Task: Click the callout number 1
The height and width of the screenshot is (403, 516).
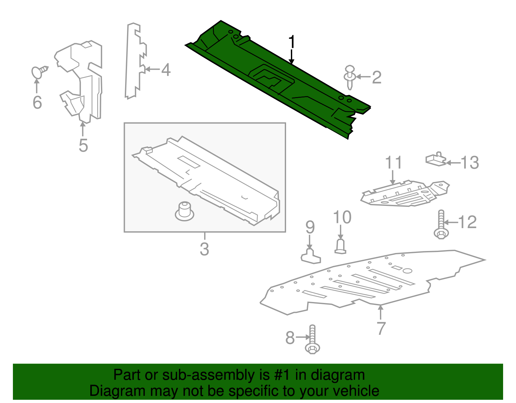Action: [x=292, y=42]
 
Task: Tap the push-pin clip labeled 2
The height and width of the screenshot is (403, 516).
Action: [x=350, y=77]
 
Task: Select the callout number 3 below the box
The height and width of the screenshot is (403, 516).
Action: [x=204, y=249]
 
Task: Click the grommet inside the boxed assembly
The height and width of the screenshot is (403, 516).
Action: [x=184, y=211]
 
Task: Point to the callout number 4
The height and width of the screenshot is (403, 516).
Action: [x=165, y=69]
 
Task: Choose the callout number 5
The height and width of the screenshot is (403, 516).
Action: [x=83, y=145]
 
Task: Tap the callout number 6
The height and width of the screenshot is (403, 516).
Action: [x=37, y=102]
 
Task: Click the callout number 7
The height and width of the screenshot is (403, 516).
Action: [x=381, y=328]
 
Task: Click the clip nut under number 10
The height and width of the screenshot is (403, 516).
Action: [x=341, y=247]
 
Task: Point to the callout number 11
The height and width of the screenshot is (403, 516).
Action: [x=393, y=162]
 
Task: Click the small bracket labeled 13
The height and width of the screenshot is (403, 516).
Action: [x=436, y=159]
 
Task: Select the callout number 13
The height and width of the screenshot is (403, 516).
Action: [x=470, y=163]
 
